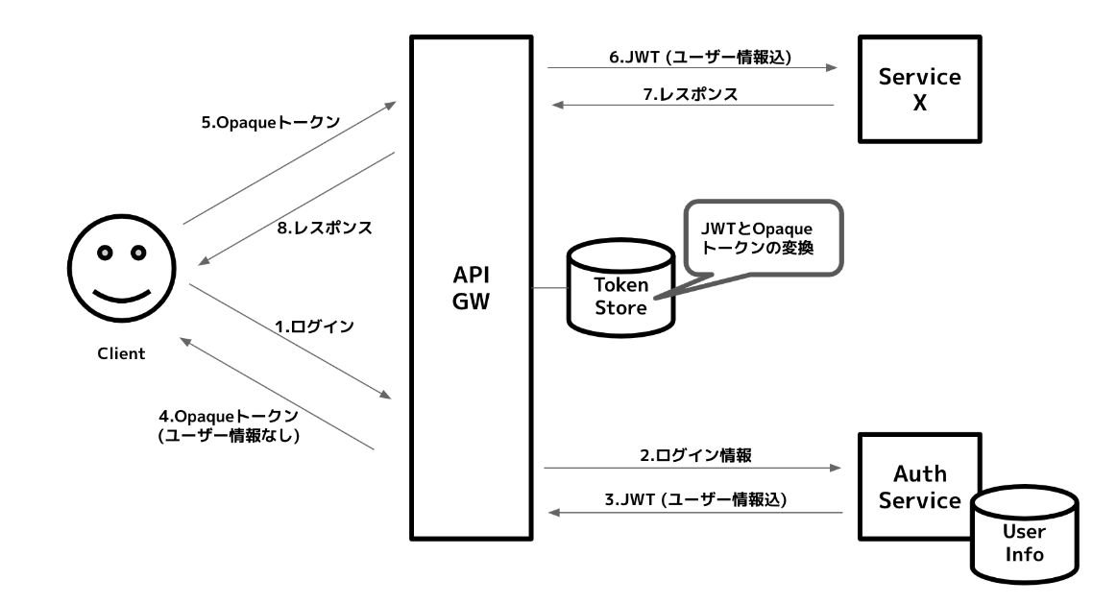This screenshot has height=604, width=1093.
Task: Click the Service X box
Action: pyautogui.click(x=919, y=89)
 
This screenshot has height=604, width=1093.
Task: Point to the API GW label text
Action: pyautogui.click(x=472, y=287)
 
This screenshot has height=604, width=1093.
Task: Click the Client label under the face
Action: pyautogui.click(x=121, y=353)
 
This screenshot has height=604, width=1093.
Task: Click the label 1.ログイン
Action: pyautogui.click(x=314, y=326)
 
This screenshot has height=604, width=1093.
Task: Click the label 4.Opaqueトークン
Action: pyautogui.click(x=229, y=418)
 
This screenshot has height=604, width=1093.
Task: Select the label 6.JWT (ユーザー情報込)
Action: pyautogui.click(x=700, y=57)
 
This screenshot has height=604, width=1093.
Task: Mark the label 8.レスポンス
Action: pyautogui.click(x=324, y=229)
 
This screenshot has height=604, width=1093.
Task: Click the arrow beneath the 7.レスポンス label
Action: pyautogui.click(x=691, y=105)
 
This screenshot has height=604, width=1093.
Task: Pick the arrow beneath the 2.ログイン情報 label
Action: pyautogui.click(x=691, y=468)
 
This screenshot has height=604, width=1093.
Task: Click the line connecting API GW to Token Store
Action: pyautogui.click(x=548, y=287)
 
